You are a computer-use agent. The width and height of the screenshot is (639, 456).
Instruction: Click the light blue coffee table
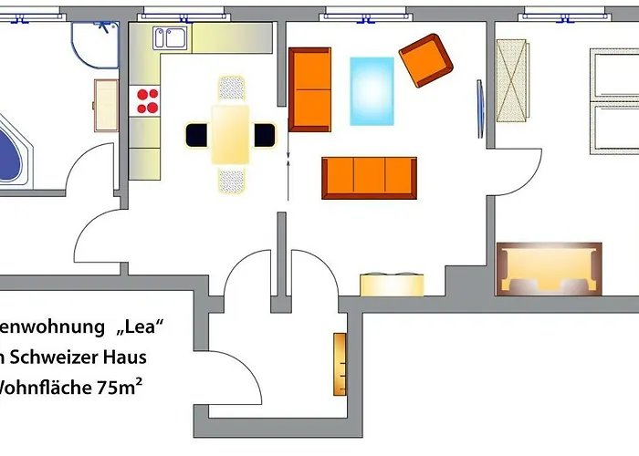coord(372,91)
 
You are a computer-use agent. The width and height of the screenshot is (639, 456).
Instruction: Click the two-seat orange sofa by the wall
coord(309,89)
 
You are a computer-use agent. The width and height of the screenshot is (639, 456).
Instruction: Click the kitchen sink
coord(171,38)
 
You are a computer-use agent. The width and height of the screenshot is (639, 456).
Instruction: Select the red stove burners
coord(147,100)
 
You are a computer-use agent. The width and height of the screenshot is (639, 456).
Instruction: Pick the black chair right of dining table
coord(264,135)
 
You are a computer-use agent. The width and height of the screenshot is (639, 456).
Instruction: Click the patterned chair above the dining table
coord(231,89)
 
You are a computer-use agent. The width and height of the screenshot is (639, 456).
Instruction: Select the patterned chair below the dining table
coord(231,180)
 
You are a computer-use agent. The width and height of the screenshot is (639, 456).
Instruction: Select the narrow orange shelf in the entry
coord(340,363)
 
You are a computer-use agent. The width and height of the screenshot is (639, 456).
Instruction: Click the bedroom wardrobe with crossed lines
coord(511,80)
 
